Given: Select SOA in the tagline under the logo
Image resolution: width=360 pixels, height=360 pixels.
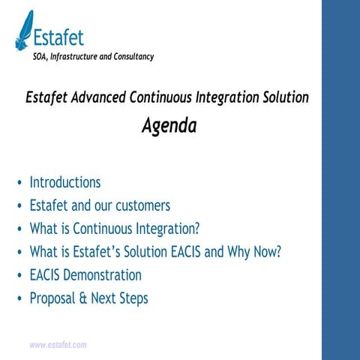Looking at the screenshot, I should (x=41, y=57).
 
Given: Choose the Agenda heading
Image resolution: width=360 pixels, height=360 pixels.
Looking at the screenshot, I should (x=169, y=126).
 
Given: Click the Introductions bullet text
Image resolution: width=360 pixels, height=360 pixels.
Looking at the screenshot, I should (x=64, y=182).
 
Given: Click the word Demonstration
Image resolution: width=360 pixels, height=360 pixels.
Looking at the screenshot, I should (x=104, y=274).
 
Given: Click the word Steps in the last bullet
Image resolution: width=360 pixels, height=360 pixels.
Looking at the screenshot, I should (x=132, y=298).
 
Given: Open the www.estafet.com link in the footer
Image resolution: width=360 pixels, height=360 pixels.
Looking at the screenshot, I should (x=58, y=345).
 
